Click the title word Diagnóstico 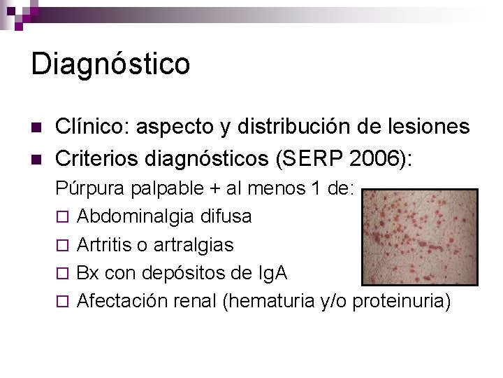pyautogui.click(x=110, y=64)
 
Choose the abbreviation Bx pyautogui.click(x=88, y=273)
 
